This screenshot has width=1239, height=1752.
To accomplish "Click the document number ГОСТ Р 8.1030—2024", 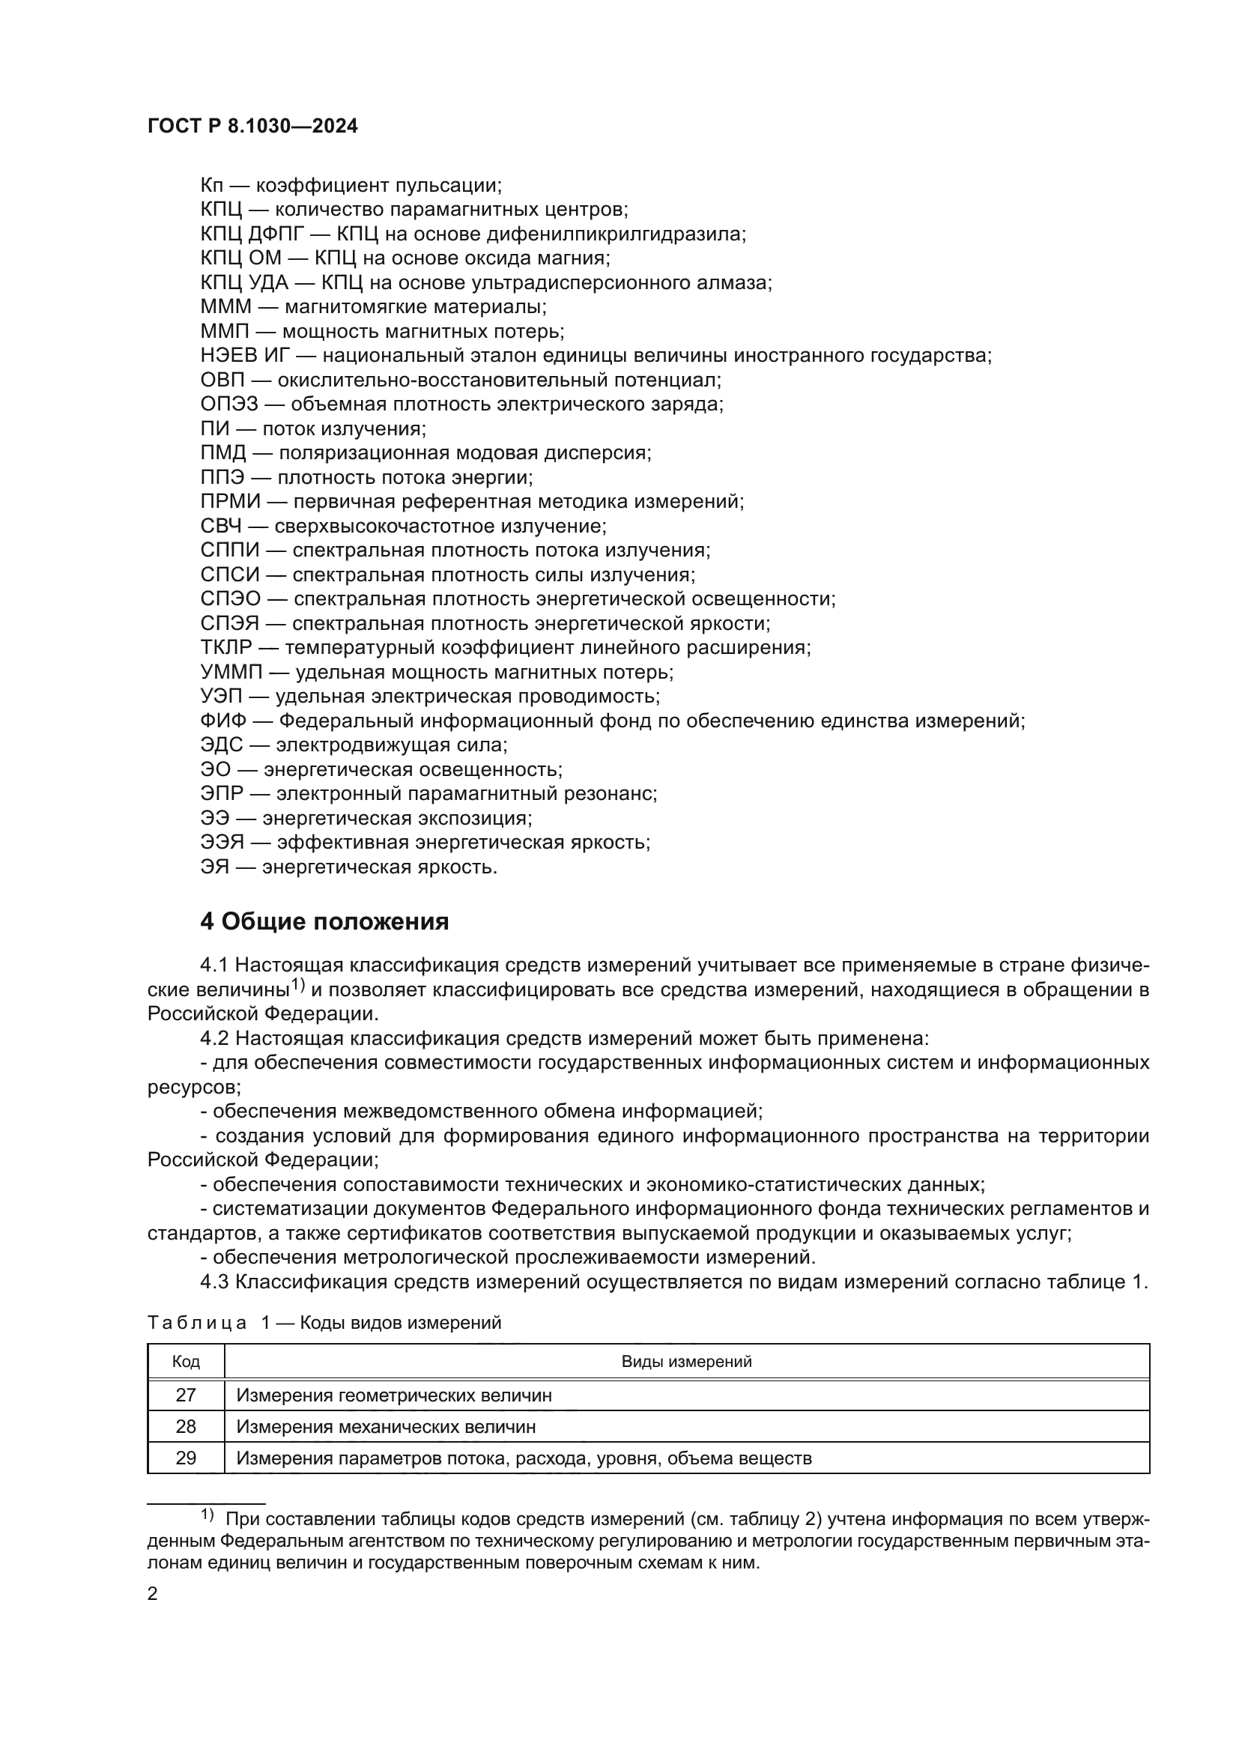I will point(252,127).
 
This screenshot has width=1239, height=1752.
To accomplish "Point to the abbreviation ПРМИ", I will point(230,501).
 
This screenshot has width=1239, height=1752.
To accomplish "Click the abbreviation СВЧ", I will point(221,526).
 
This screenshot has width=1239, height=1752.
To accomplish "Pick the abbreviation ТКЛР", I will point(225,648).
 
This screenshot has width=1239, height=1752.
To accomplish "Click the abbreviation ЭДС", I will point(221,745).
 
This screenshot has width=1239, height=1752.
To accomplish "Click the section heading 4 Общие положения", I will point(324,922).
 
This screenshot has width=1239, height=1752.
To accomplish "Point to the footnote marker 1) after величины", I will point(297,986).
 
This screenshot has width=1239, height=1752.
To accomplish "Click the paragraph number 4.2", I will point(214,1038).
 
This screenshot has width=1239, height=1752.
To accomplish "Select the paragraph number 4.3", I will point(214,1282).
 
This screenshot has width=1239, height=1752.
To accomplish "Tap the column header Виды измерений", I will point(686,1362).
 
